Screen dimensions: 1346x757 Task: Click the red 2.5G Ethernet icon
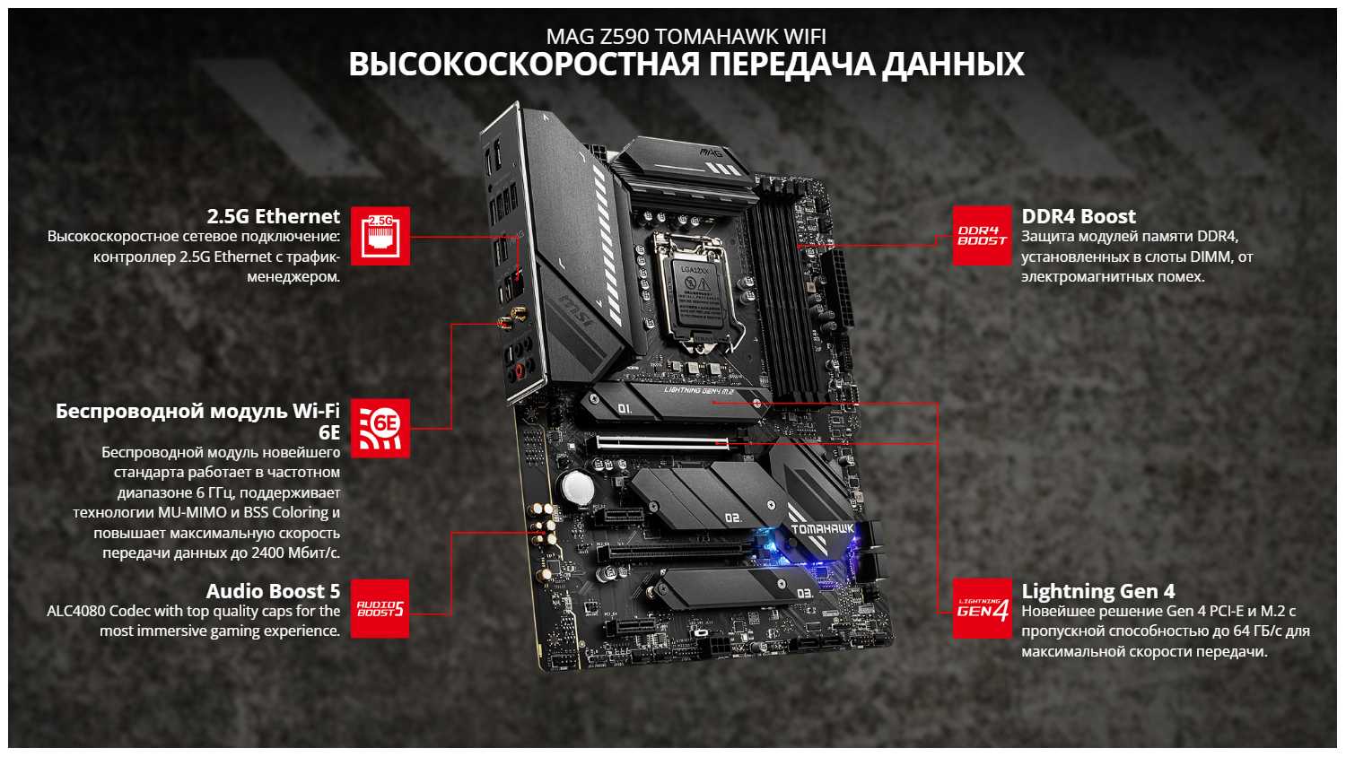tap(380, 236)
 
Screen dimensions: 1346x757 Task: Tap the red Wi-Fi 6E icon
tap(380, 428)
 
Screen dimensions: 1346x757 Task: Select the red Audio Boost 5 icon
tap(380, 609)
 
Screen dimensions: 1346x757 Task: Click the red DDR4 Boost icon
tap(983, 236)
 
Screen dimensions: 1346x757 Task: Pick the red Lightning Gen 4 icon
tap(983, 609)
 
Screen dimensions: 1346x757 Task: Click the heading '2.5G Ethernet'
tap(274, 216)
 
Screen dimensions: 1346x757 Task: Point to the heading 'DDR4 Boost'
tap(1079, 216)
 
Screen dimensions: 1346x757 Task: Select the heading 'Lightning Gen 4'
tap(1098, 591)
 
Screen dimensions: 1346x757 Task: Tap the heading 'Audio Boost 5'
tap(274, 591)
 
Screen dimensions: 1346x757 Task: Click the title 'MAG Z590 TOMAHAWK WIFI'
tap(686, 37)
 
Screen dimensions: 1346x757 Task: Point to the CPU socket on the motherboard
tap(695, 294)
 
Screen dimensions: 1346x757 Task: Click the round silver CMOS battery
tap(578, 488)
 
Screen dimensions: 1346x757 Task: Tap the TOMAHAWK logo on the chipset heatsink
tap(822, 529)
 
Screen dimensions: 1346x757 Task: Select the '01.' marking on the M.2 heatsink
tap(625, 408)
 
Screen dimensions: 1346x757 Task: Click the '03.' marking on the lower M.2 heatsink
tap(805, 594)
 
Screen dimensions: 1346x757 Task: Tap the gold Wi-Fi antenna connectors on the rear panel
tap(511, 318)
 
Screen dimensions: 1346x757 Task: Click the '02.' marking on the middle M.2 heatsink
tap(733, 518)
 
